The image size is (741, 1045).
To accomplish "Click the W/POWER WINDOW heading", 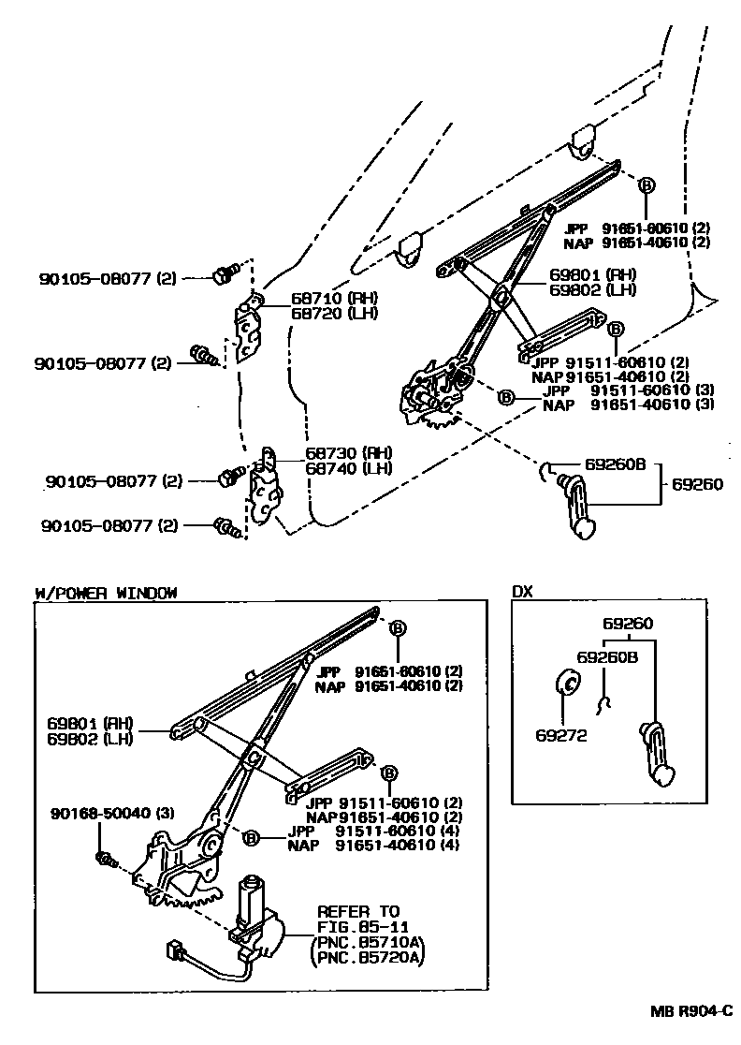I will (105, 593).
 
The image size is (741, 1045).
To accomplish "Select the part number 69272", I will (561, 735).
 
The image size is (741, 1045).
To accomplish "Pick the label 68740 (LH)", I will (340, 468).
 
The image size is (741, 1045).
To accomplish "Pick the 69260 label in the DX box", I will (627, 624).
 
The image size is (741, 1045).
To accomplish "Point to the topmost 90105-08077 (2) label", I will (108, 278).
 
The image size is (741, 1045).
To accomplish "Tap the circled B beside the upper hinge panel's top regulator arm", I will (645, 186).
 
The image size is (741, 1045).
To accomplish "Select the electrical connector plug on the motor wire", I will (174, 949).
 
